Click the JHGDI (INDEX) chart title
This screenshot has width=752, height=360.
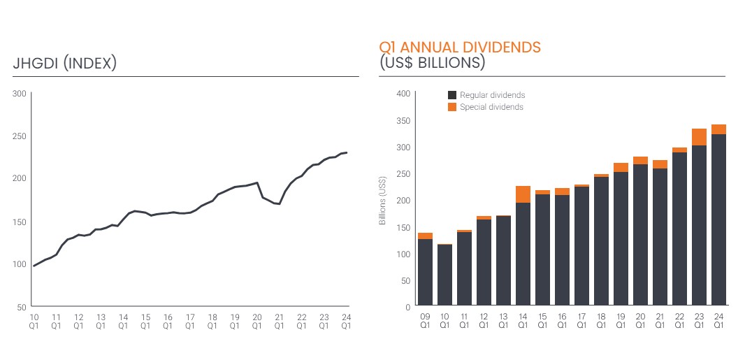(64, 64)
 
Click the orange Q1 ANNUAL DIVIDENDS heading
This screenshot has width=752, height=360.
(460, 48)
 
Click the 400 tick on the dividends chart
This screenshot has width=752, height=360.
(403, 94)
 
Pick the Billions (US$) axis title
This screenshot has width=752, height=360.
(382, 200)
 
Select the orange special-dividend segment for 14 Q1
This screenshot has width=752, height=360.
(523, 194)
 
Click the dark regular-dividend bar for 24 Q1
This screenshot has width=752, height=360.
(718, 220)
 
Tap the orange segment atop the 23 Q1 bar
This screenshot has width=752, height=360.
(699, 137)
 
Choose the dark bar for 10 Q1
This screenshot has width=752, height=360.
(444, 275)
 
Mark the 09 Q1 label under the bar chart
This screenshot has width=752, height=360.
(425, 321)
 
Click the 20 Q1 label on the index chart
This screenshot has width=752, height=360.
(256, 321)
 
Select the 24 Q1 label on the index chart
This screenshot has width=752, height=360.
(345, 321)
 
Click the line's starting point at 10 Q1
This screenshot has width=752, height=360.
(34, 266)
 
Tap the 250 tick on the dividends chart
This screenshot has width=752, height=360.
(403, 174)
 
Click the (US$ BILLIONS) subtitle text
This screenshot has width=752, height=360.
(432, 63)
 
